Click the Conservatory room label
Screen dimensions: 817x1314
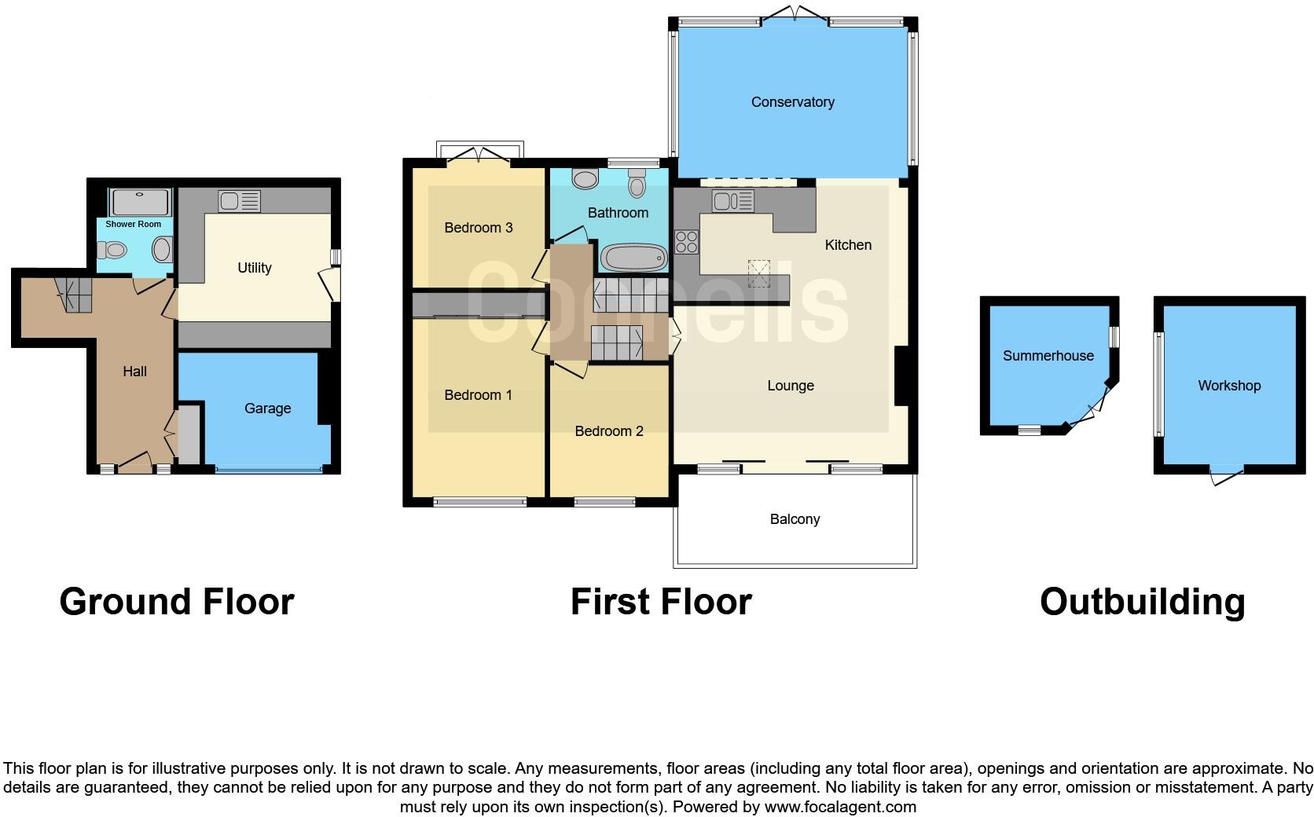coord(792,102)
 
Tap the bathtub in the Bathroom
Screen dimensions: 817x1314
coord(633,257)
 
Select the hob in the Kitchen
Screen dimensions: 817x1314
coord(686,241)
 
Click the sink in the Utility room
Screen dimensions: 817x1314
coord(240,201)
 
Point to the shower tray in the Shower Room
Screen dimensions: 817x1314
coord(139,202)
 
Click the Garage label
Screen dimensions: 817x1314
coord(267,408)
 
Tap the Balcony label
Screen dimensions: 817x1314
coord(795,519)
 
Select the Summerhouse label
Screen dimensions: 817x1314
coord(1048,356)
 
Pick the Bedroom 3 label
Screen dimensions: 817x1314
coord(478,228)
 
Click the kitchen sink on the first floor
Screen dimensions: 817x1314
coord(732,201)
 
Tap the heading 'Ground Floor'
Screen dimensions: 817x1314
coord(177,602)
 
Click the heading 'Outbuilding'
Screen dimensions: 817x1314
coord(1142,602)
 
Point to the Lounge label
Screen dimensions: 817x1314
coord(790,386)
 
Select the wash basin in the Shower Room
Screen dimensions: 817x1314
coord(162,251)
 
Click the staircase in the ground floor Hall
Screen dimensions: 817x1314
coord(73,295)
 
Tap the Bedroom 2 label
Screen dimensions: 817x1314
coord(608,431)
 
